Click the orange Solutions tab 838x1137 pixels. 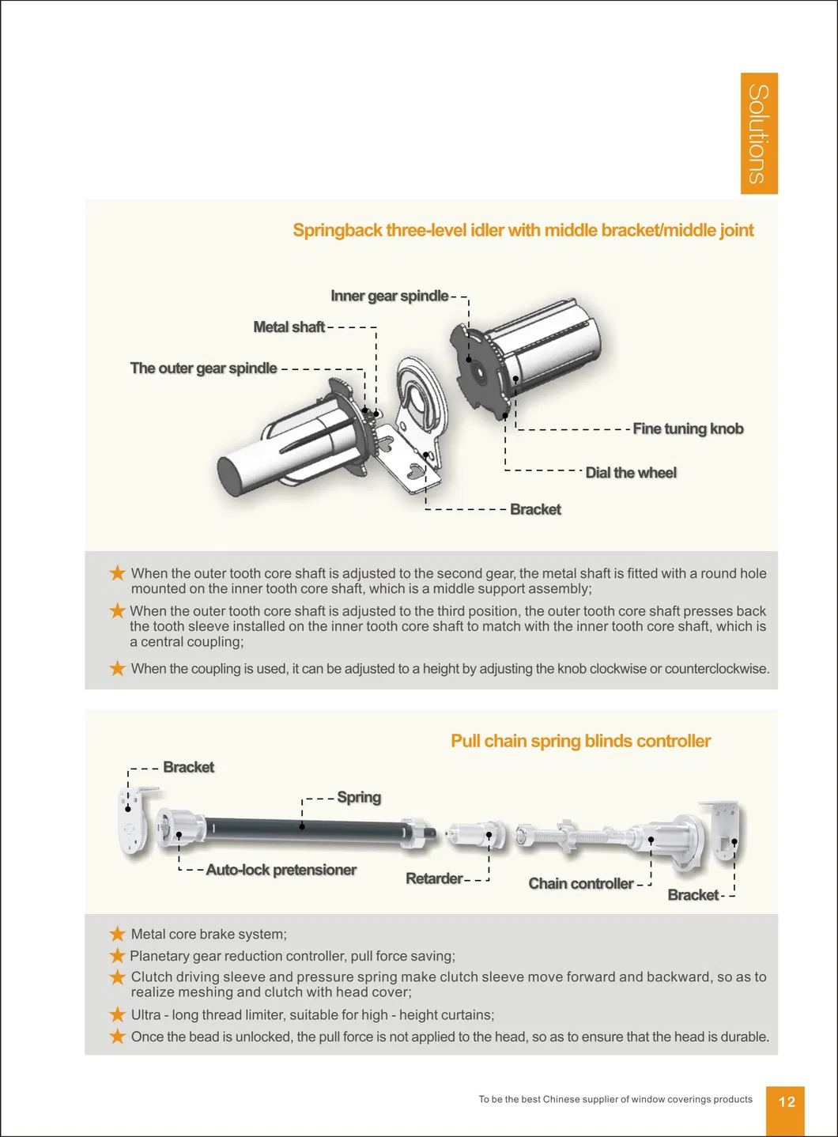coord(759,133)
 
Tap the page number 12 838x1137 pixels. coord(786,1102)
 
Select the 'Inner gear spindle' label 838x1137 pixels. coord(389,296)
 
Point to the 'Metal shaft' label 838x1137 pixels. coord(289,327)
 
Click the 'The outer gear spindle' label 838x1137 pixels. coord(203,368)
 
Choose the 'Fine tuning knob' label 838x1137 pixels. coord(688,429)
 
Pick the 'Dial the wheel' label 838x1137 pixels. coord(630,473)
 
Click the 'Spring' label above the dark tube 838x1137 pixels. coord(359,797)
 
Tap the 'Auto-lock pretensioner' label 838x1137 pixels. coord(281,870)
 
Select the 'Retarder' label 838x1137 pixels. coord(434,878)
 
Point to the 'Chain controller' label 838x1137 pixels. coord(581,884)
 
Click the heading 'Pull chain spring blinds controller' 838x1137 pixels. coord(580,741)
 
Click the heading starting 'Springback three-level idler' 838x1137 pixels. coord(523,230)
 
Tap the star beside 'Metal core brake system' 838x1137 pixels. coord(118,934)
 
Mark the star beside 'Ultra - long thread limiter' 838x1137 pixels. coord(118,1014)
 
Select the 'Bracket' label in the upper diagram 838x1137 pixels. coord(535,510)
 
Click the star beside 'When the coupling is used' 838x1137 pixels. coord(118,668)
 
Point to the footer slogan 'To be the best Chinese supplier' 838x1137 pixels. coord(615,1099)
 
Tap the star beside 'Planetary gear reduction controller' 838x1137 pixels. coord(118,956)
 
